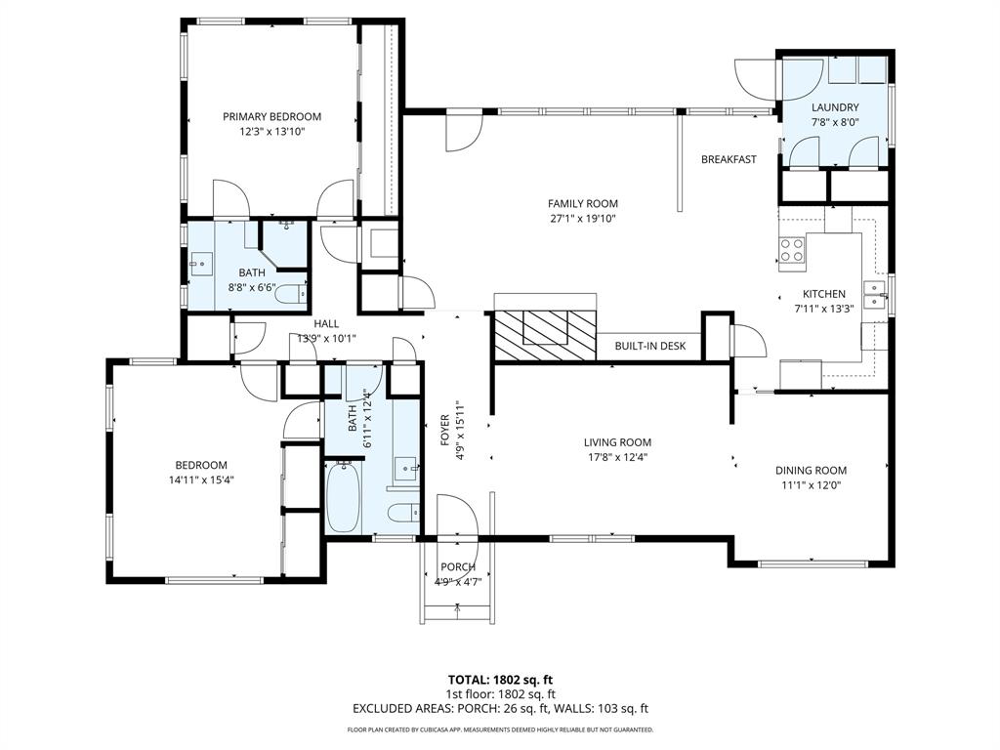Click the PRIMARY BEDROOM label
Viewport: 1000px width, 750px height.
pos(271,116)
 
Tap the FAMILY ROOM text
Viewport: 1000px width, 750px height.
pos(582,203)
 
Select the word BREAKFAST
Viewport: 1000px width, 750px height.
pos(729,159)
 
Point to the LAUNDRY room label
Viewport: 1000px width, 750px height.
pos(835,107)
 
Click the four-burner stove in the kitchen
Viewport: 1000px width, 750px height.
pos(792,250)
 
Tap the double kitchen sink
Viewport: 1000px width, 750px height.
pos(876,294)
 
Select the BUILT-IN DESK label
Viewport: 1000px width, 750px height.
pos(650,346)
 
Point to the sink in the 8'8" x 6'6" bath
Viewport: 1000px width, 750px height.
pos(201,263)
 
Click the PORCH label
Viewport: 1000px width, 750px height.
pos(458,567)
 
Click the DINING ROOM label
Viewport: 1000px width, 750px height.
pos(811,470)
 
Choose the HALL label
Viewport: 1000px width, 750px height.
pos(326,324)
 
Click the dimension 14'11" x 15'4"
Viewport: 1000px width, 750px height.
pos(201,479)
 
